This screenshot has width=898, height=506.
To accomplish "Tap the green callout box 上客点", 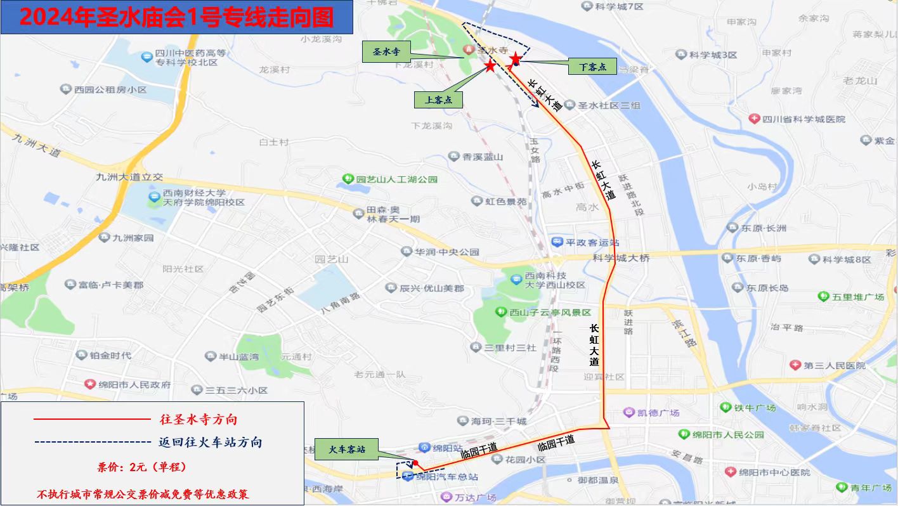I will [x=438, y=100].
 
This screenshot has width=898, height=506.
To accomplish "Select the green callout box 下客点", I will [x=592, y=66].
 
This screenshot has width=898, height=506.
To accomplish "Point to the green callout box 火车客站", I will [x=347, y=450].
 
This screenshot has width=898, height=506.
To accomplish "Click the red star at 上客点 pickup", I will [x=490, y=66].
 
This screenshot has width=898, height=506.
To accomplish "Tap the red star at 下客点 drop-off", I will [x=516, y=60].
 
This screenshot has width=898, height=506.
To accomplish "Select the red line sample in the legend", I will [x=91, y=420].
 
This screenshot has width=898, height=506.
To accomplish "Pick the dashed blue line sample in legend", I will [x=91, y=442].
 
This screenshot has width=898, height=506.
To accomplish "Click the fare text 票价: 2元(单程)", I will [x=141, y=467].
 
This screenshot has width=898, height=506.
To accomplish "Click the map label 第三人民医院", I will [x=833, y=365].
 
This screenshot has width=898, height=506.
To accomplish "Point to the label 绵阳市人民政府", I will [x=134, y=384].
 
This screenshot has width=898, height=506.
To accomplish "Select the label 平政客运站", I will [x=592, y=242].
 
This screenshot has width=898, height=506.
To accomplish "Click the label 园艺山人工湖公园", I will [x=396, y=179].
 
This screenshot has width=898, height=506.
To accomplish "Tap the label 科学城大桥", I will [x=621, y=258].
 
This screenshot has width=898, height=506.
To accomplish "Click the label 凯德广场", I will [x=659, y=413].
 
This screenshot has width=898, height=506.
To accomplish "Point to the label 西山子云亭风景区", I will [x=550, y=313].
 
